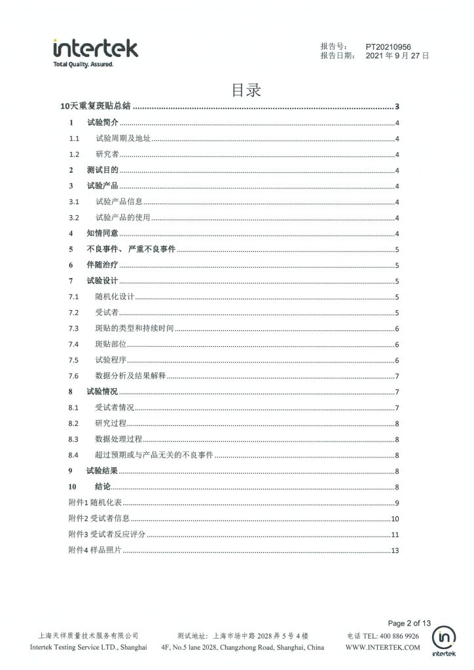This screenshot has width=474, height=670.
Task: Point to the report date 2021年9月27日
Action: pos(397,56)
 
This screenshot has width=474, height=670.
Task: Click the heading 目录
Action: pos(246,90)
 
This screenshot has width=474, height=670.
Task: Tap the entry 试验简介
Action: pos(102,122)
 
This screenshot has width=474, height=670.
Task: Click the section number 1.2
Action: pos(74,154)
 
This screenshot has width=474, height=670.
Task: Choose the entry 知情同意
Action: pos(102,233)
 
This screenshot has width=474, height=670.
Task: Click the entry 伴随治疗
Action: pos(102,265)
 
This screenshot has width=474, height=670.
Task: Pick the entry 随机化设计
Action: pos(115,296)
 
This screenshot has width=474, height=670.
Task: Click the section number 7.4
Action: pos(74,344)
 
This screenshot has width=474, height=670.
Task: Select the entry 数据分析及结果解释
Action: pos(130,376)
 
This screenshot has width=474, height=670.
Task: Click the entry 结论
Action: pos(103,487)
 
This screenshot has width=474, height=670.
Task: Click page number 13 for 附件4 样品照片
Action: pos(394,550)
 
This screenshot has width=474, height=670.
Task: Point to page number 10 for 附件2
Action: pos(394,519)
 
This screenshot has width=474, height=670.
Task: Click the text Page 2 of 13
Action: pos(410,623)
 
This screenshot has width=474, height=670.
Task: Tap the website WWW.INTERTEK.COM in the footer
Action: pos(382,647)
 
